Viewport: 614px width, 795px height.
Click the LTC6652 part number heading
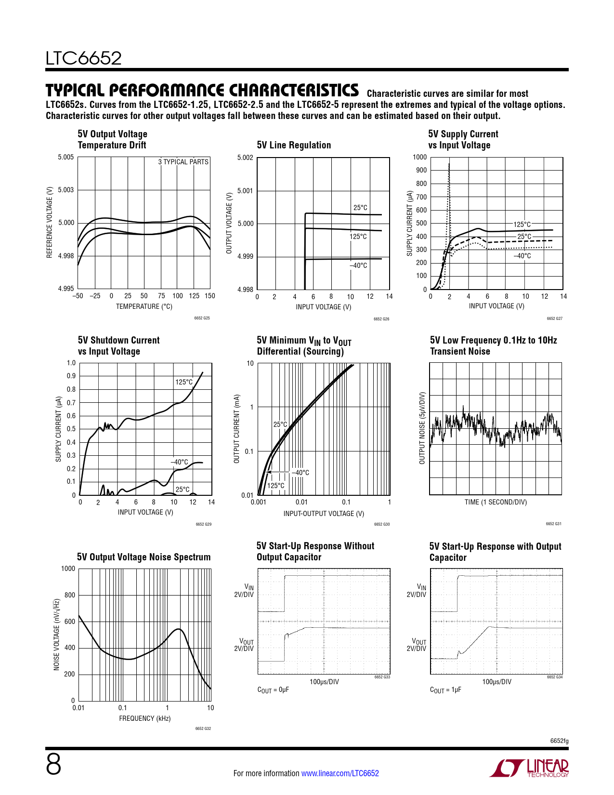83,58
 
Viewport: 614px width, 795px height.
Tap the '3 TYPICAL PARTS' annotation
183,162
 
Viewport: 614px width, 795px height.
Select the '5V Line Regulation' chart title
294,145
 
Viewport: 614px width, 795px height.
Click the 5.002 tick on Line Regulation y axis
245,158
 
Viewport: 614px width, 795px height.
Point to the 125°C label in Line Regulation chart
358,237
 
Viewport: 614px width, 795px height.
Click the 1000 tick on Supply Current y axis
419,157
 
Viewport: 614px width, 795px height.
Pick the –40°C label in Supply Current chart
522,256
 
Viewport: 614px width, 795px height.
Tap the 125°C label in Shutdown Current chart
183,382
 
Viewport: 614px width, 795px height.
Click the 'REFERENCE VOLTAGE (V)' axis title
49,222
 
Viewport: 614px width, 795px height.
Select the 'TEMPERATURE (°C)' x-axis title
144,306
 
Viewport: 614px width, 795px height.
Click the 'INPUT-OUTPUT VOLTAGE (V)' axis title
324,514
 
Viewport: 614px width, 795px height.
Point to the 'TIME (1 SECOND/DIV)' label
496,502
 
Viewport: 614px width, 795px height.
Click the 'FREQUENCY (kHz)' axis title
145,718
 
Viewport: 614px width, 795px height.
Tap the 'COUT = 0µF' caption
273,690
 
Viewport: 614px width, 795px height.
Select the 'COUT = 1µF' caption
445,690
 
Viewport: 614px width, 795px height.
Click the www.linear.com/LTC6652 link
340,773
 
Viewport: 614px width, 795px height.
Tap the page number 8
53,765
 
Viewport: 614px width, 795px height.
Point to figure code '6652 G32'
203,729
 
